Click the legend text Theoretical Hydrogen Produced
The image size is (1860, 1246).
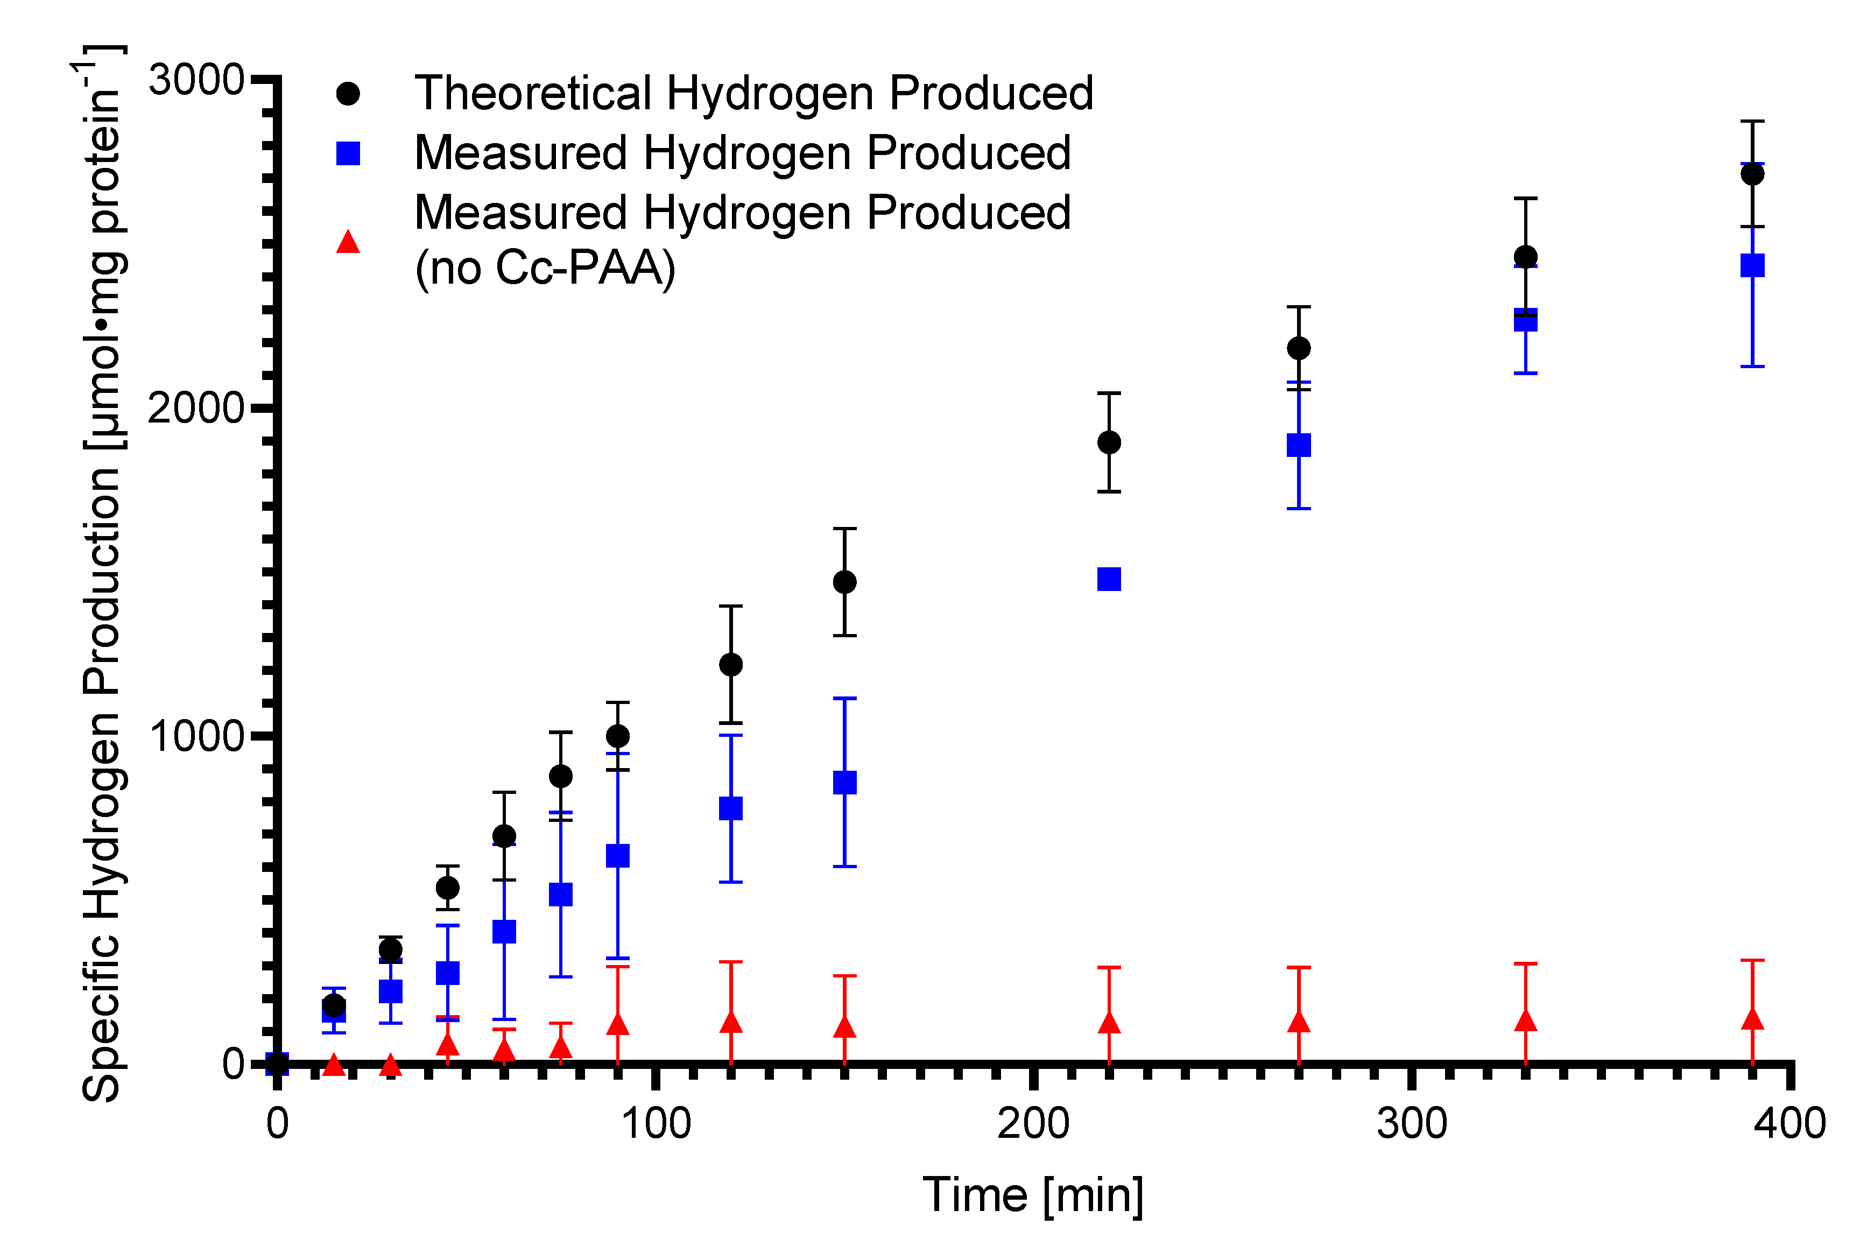point(754,93)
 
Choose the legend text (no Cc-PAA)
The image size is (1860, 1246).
point(545,268)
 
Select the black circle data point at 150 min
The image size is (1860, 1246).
point(844,582)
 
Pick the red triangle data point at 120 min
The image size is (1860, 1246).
point(731,1022)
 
